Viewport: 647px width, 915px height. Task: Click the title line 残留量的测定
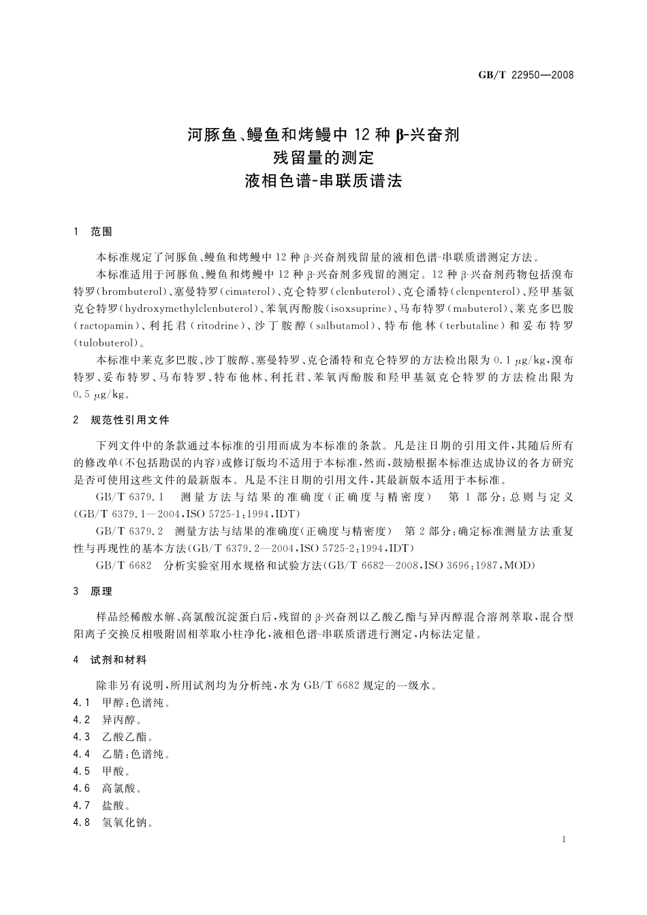(323, 158)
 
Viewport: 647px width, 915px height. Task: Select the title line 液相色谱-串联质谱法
(323, 181)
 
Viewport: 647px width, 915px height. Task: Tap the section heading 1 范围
(93, 232)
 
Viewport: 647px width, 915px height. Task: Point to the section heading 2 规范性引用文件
(122, 420)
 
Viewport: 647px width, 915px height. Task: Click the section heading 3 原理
(93, 591)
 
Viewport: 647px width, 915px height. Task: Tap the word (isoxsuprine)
(359, 308)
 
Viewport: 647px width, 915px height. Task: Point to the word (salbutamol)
(341, 325)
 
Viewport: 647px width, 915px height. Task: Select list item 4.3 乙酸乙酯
(114, 737)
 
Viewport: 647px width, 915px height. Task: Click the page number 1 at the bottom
(565, 839)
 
